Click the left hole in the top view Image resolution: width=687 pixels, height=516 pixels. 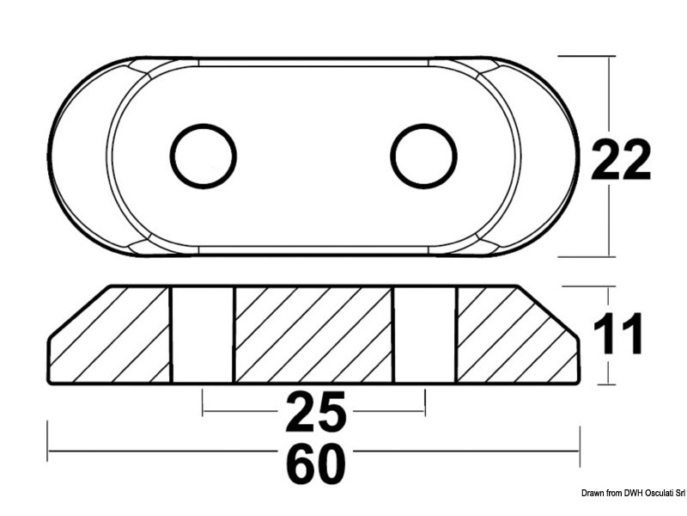pos(204,156)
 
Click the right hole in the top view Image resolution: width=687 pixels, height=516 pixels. pos(424,156)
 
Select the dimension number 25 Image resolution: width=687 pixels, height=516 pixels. pos(315,412)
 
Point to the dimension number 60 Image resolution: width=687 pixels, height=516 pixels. pos(315,465)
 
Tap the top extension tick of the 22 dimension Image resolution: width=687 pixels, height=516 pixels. pos(588,56)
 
